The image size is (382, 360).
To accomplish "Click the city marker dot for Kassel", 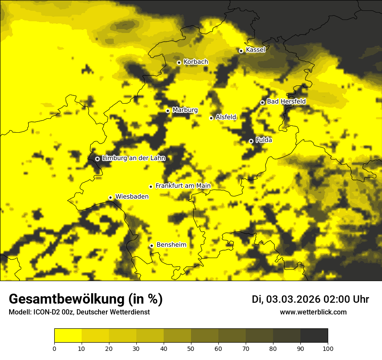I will coord(241,51).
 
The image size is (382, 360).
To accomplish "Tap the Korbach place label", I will coord(196,62).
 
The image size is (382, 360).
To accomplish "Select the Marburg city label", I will coord(185,110).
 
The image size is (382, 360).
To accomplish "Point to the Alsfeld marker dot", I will coord(211,118).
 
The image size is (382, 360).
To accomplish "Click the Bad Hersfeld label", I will coord(286,102).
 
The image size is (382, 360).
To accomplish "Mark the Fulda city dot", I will coord(251,141).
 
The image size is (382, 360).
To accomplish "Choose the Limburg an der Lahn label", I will coord(133,158).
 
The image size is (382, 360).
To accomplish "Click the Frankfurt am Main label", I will coord(183,186).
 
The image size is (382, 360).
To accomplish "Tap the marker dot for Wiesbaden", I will coord(110,197).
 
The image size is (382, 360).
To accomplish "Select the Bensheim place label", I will coord(171,245).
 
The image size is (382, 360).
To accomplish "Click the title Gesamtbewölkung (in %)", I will coord(86,299).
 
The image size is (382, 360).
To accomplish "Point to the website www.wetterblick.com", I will coord(313,312).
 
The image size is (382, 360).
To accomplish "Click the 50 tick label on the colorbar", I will coord(191,348).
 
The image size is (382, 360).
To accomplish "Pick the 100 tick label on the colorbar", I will coord(328,348).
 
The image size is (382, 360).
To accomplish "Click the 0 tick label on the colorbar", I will coord(54,348).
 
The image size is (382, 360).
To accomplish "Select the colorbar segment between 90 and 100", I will coord(314,336).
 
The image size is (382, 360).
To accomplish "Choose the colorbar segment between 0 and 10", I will coord(68,336).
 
